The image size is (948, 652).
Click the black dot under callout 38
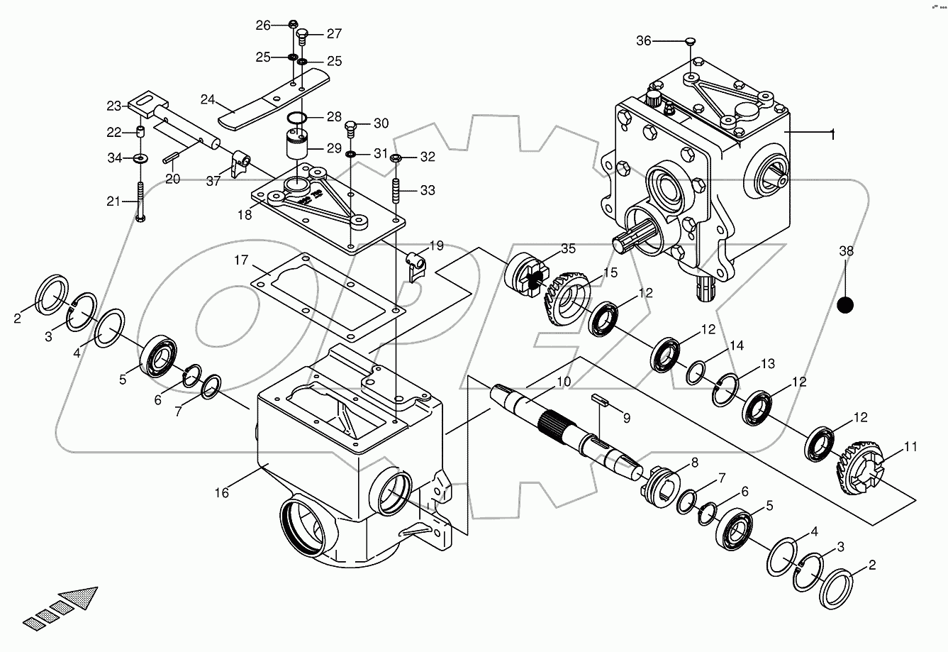844,305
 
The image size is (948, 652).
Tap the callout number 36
643,41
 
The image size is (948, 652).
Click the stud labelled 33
396,192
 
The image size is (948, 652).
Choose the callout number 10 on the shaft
563,382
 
